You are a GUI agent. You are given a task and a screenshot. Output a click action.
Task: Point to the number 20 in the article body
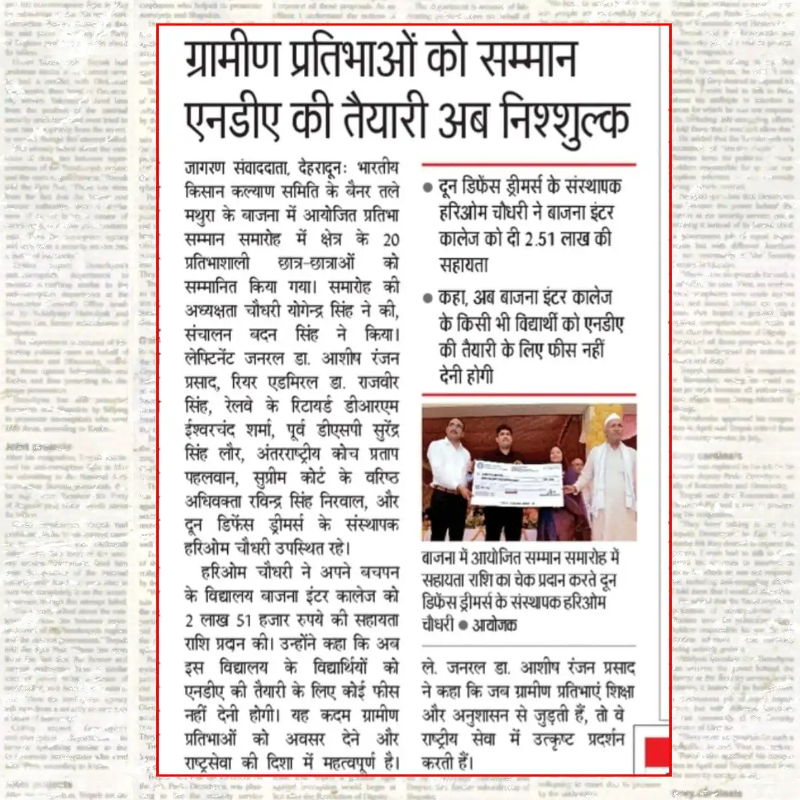pos(390,239)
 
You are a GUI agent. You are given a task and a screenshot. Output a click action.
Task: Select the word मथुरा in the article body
pos(201,216)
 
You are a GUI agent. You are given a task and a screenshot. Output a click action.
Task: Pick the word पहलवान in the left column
pos(210,477)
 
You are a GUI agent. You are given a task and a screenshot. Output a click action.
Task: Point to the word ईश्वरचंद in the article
pos(211,430)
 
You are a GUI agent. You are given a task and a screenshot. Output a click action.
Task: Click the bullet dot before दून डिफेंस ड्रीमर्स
pos(428,188)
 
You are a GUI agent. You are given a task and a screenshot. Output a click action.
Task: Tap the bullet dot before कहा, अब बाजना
pos(428,298)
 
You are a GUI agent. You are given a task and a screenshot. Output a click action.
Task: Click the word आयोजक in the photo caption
pos(495,625)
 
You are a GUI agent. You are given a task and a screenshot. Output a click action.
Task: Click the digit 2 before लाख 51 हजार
pos(189,620)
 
